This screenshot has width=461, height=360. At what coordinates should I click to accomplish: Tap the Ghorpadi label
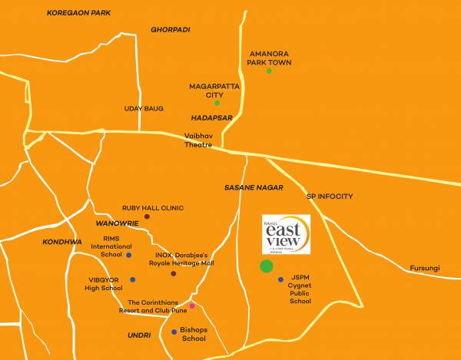(171, 29)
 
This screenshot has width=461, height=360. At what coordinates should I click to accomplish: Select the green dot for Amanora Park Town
(269, 71)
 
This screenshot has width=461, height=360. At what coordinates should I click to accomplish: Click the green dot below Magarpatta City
(217, 103)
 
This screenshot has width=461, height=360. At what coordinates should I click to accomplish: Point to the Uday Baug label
(144, 109)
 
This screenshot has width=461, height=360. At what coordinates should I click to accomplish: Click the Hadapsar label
(207, 117)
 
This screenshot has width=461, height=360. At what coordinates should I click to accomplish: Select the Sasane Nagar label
(254, 187)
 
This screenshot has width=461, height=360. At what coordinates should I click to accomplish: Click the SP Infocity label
(329, 197)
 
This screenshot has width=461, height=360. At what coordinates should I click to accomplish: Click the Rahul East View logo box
(286, 233)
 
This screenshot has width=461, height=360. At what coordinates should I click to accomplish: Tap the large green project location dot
(266, 266)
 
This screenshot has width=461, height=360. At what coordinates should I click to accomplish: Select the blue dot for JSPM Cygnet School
(281, 279)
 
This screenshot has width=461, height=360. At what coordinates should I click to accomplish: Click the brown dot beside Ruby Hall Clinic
(147, 217)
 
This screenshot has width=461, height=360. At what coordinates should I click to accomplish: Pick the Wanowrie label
(116, 223)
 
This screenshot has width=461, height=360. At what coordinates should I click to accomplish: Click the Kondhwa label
(62, 242)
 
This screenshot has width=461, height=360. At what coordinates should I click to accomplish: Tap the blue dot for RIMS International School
(129, 255)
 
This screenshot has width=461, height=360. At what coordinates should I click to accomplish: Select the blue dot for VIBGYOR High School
(132, 280)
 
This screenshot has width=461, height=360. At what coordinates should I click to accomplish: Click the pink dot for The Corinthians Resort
(192, 306)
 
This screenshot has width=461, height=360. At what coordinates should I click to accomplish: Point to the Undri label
(139, 335)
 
